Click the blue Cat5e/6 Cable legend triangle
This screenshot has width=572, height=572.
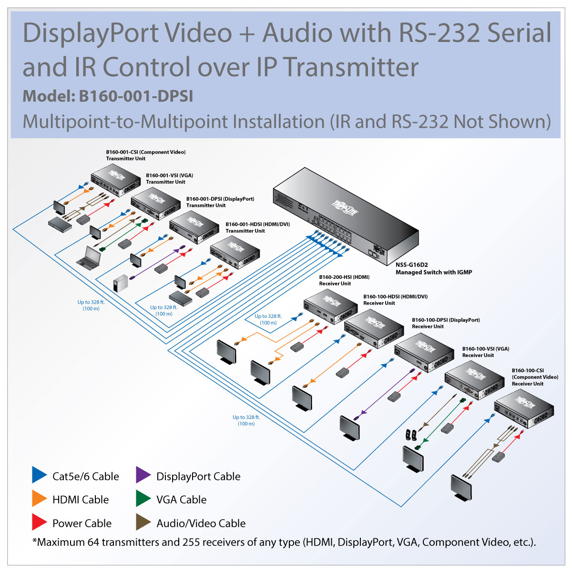tap(39, 475)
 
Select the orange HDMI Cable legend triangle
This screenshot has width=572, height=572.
tap(39, 499)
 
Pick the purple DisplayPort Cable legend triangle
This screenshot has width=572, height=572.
tap(143, 475)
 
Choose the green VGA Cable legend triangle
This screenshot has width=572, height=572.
tap(143, 499)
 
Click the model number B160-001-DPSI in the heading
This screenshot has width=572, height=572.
tap(136, 96)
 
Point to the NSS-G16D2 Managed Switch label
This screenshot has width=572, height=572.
tap(433, 269)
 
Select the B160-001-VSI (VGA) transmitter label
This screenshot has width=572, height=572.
tap(169, 178)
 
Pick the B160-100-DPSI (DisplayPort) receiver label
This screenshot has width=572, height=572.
tap(445, 323)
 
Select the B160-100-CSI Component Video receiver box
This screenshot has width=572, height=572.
tap(523, 410)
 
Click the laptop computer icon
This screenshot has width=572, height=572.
tap(89, 258)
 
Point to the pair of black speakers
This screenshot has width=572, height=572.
tap(411, 435)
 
